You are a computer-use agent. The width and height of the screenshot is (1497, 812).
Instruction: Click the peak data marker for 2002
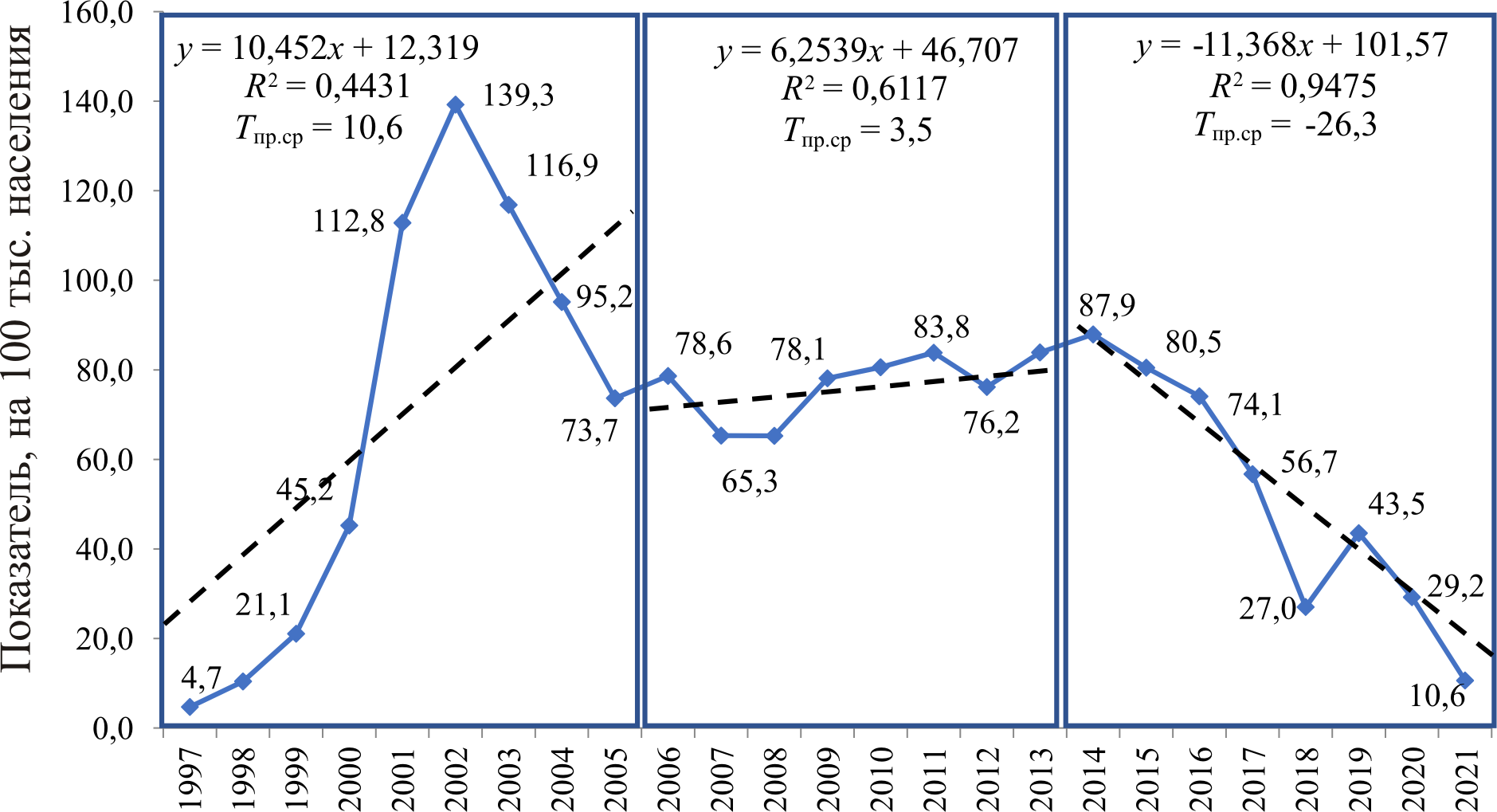tap(456, 104)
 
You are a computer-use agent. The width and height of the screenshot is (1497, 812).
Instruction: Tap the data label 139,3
tap(518, 96)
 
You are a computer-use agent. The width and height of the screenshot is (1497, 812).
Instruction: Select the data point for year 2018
tap(1306, 607)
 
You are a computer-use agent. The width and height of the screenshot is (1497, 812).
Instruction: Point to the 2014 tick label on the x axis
tap(1095, 778)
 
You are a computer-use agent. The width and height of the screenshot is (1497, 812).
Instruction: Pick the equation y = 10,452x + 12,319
tap(327, 48)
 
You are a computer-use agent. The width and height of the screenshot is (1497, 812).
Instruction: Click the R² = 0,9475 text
tap(1292, 86)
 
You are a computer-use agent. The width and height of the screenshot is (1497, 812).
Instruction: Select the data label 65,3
tap(749, 482)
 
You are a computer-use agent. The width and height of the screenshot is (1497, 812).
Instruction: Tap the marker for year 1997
tap(190, 707)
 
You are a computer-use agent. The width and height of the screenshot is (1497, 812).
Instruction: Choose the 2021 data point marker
tap(1465, 681)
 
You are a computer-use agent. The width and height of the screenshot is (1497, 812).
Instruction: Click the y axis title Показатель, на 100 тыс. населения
tap(19, 351)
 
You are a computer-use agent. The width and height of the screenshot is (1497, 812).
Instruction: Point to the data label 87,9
tap(1107, 306)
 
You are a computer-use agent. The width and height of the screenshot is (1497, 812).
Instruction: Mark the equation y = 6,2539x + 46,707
tap(867, 51)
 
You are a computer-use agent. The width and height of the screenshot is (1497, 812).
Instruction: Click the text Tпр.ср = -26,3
tap(1284, 126)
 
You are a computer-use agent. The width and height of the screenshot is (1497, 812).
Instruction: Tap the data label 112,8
tap(348, 222)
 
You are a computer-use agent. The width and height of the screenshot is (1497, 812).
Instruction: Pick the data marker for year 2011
tap(934, 353)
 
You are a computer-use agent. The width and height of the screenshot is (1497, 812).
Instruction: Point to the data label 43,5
tap(1396, 504)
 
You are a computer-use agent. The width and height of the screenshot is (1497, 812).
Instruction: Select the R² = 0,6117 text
tap(864, 89)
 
